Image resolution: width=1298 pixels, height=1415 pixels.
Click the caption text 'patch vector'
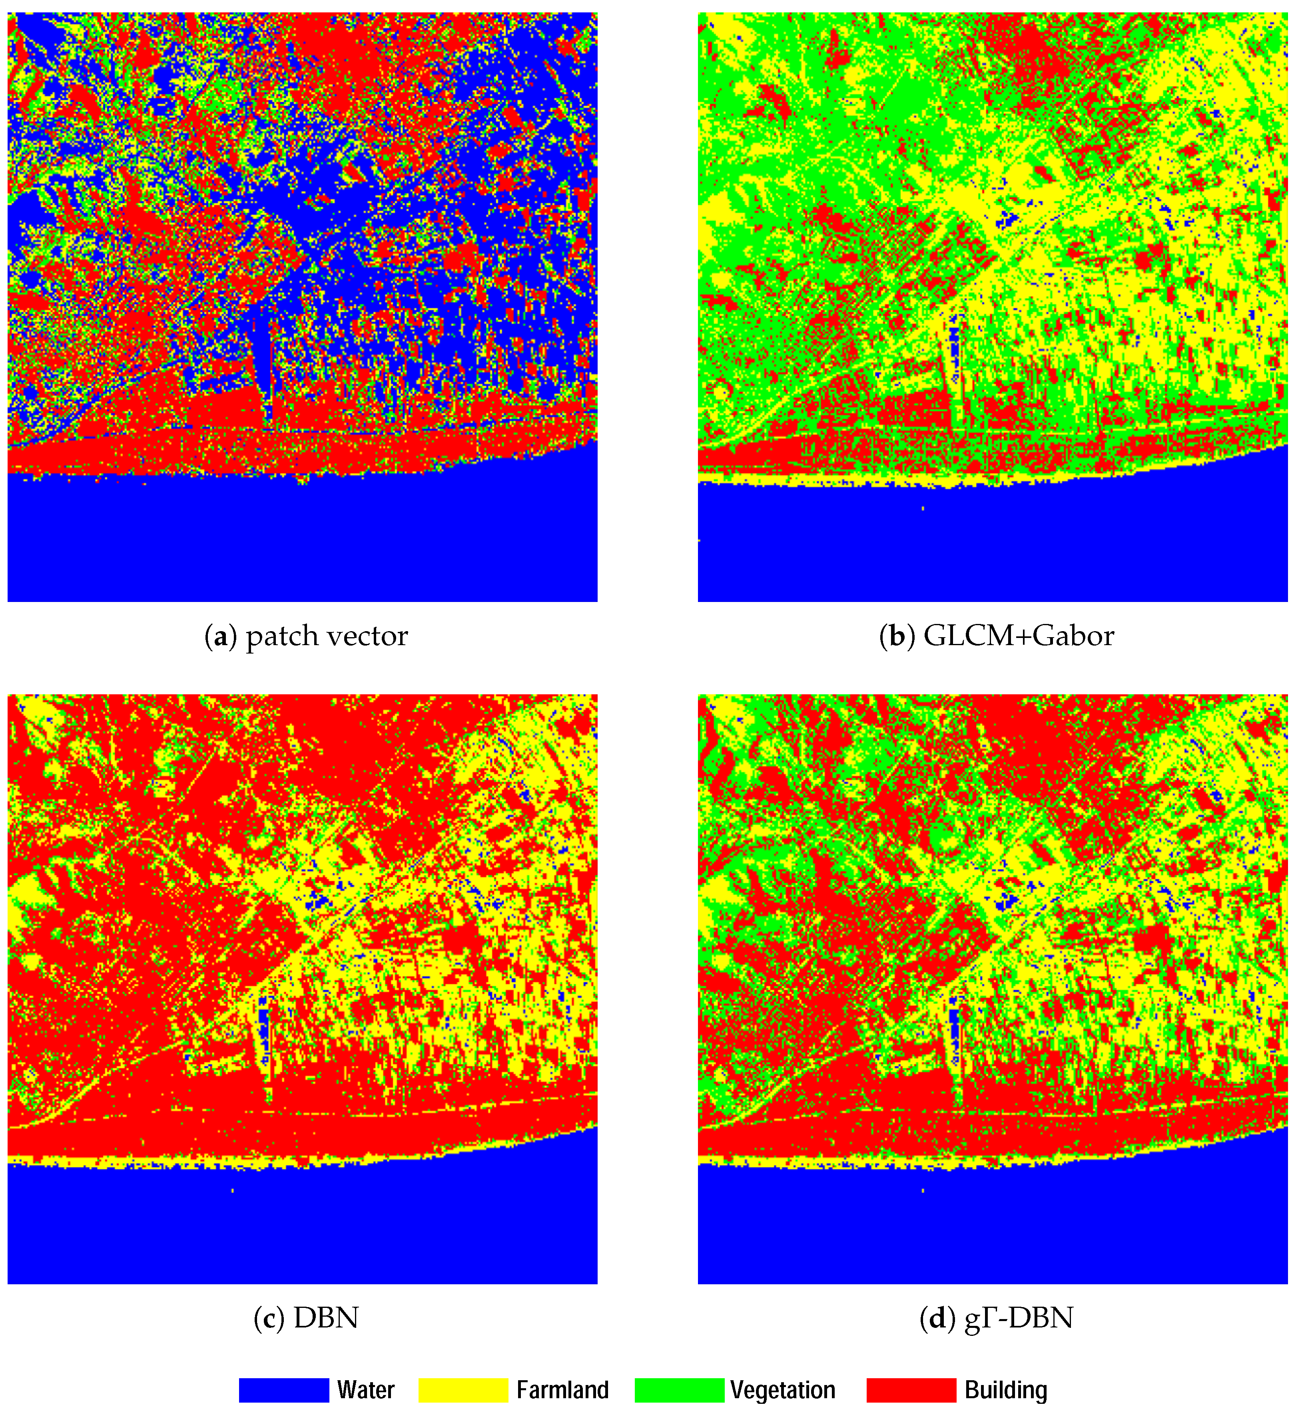point(327,636)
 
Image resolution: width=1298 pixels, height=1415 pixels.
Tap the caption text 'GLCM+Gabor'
point(1019,636)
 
